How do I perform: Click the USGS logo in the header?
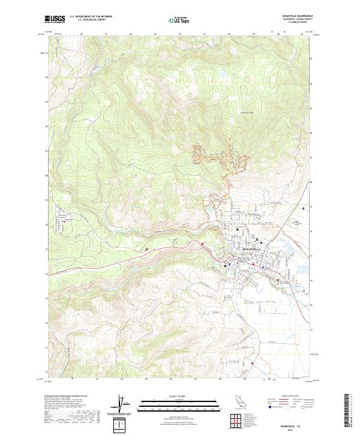[x=55, y=20]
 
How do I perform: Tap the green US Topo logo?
[x=177, y=20]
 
